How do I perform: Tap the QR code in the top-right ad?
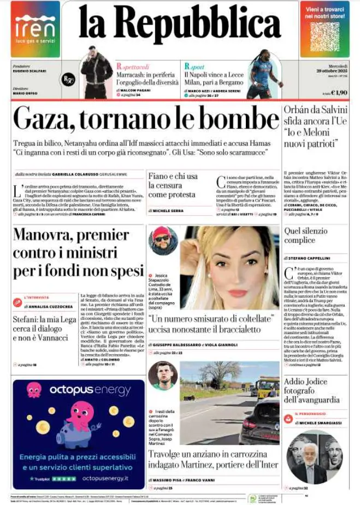[x=324, y=36]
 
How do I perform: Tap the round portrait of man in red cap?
[x=162, y=241]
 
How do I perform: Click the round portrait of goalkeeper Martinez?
[x=162, y=375]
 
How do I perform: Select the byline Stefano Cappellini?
[x=309, y=257]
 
